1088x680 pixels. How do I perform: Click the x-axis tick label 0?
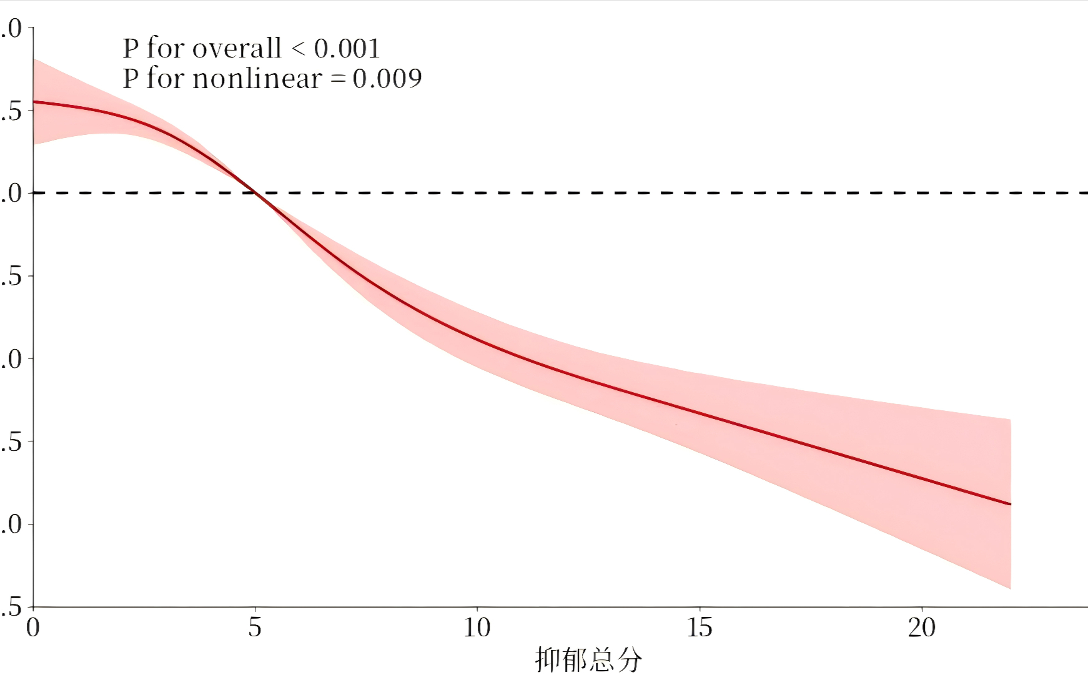click(x=33, y=628)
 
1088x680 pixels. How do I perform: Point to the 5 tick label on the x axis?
click(x=255, y=628)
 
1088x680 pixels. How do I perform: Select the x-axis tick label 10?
click(x=477, y=628)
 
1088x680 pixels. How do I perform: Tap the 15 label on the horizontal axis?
click(x=700, y=628)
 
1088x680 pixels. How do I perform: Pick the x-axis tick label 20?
click(x=922, y=628)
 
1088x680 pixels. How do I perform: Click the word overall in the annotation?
click(x=237, y=49)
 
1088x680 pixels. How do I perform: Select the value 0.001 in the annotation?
click(x=347, y=49)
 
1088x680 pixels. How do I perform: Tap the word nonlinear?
click(x=257, y=79)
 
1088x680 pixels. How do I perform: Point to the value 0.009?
click(x=387, y=79)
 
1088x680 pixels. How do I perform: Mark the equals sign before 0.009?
click(x=337, y=79)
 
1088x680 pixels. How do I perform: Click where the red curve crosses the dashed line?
click(x=255, y=192)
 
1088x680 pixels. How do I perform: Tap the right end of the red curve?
click(x=1010, y=504)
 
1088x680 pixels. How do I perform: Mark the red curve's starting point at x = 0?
click(x=34, y=101)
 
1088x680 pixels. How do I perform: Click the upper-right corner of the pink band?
click(x=1010, y=420)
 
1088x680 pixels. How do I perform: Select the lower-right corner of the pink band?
click(x=1010, y=588)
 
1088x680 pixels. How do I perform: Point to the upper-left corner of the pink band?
click(x=34, y=59)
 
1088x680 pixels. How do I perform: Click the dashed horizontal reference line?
click(x=625, y=192)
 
